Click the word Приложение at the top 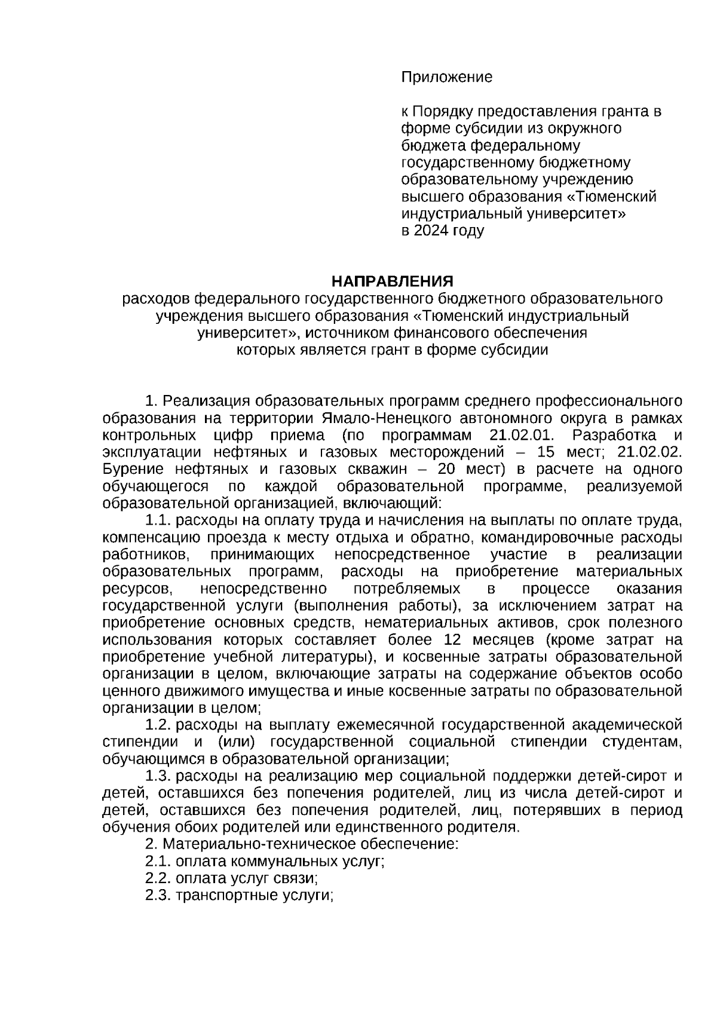click(446, 77)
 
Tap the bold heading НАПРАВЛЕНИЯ click(393, 281)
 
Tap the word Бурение click(131, 468)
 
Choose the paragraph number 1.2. click(158, 725)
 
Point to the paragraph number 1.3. click(158, 777)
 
